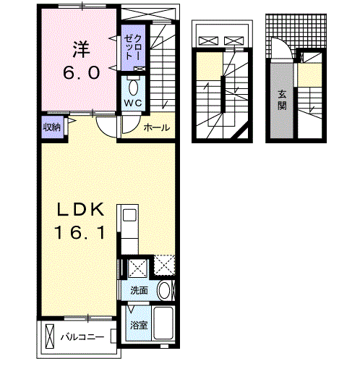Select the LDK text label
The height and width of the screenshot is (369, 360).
coord(82,210)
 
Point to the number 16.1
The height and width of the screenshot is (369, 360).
coord(82,233)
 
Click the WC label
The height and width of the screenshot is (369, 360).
coord(133,103)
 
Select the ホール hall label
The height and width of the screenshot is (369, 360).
coord(157,128)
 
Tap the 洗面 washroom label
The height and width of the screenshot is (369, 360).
coord(139,290)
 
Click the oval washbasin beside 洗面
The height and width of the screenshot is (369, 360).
coord(166,291)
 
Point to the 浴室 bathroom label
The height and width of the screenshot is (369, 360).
coord(138,325)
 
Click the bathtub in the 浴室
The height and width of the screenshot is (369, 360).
coord(163,325)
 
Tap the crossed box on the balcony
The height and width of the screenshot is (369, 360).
coord(49,337)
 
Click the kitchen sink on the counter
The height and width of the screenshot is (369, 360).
coord(129,216)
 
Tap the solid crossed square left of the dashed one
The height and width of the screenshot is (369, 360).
coord(137,268)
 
